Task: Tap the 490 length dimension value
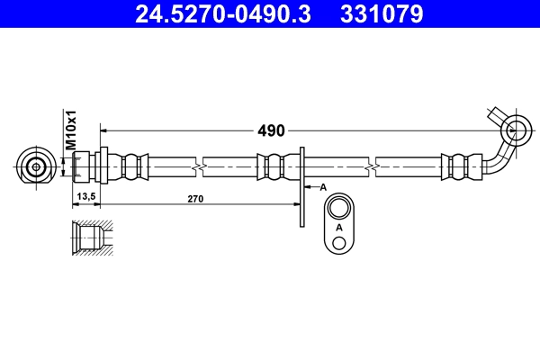(271, 130)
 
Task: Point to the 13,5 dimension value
(86, 198)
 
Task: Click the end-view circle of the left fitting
(36, 166)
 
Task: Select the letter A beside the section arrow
(322, 186)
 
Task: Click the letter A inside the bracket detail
(338, 229)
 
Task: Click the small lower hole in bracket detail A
(338, 245)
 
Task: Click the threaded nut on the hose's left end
(83, 166)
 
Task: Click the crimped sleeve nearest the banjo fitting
(456, 166)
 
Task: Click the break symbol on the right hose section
(371, 167)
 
